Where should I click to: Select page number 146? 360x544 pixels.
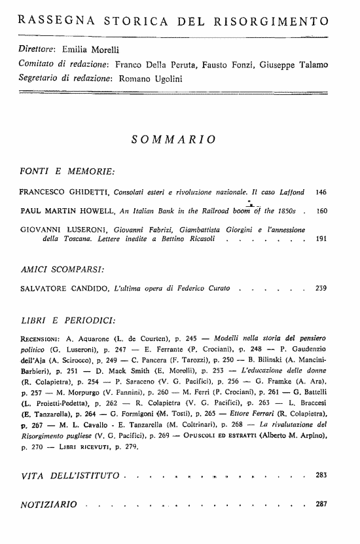point(321,194)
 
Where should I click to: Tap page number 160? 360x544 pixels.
point(321,212)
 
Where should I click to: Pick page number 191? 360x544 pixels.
point(321,240)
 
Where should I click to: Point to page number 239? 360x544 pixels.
point(321,288)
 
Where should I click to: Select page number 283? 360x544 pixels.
point(321,473)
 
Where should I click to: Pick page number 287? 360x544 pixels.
point(321,505)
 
